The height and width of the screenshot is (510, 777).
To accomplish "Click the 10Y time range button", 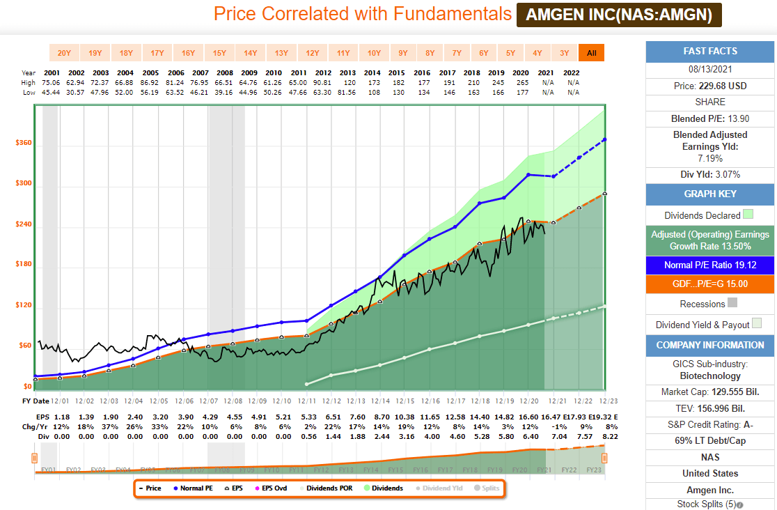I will click(x=374, y=53).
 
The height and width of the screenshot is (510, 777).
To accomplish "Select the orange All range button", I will click(x=591, y=53).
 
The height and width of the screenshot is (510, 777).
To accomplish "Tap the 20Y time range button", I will click(x=64, y=53).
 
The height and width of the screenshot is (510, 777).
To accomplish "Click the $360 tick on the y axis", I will click(x=24, y=143).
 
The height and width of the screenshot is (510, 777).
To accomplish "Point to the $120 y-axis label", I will click(x=24, y=305).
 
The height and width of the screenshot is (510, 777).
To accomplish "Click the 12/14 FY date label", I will click(x=380, y=401).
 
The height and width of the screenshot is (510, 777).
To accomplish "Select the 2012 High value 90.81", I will click(x=322, y=82).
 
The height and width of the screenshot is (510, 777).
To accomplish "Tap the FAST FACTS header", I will click(x=710, y=51).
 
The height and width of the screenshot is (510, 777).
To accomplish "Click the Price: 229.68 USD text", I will click(x=710, y=86).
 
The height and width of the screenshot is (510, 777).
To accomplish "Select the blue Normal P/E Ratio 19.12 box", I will click(x=710, y=265).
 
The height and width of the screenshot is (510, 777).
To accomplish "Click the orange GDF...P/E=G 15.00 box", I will click(x=710, y=284).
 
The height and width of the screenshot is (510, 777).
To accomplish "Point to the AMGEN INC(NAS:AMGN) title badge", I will click(x=619, y=15).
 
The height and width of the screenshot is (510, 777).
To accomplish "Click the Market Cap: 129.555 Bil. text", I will click(x=710, y=392).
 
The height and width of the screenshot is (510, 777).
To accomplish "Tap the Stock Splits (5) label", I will click(x=706, y=504).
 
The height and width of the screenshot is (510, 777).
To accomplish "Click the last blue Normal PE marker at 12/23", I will click(x=604, y=139).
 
